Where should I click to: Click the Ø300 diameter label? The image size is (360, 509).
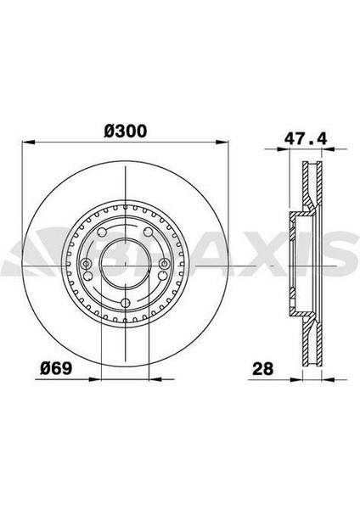point(125,131)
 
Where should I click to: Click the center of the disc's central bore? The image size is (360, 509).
point(125,265)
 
